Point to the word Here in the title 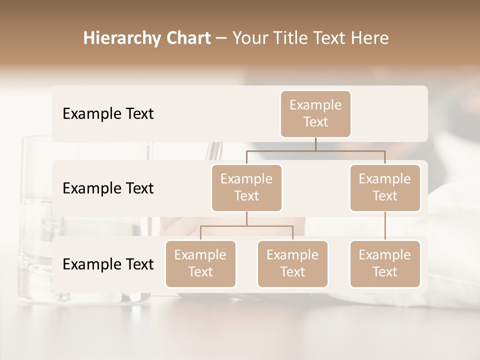point(370,38)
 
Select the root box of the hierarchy point(315,114)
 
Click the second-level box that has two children point(246,188)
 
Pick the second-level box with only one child point(385,188)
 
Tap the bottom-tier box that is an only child point(385,264)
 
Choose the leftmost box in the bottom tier point(200,264)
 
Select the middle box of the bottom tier point(292,264)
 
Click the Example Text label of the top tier point(108,114)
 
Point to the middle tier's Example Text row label point(108,188)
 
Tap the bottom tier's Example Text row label point(108,264)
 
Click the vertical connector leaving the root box point(315,144)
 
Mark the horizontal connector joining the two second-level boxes point(315,150)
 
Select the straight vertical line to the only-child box point(385,226)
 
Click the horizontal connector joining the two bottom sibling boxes point(246,226)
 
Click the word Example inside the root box point(315,105)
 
